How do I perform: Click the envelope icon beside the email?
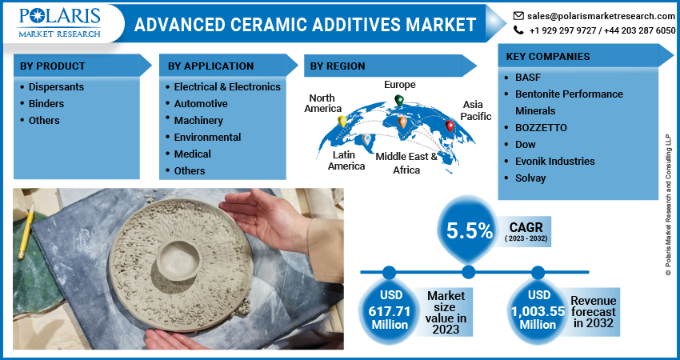pos(518,15)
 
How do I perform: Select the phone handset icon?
pos(518,30)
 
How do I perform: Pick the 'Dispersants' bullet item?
pos(56,86)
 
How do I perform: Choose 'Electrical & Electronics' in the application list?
pos(227,86)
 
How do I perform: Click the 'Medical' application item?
pos(193,154)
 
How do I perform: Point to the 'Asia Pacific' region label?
pos(476,110)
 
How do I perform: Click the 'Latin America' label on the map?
pos(346,160)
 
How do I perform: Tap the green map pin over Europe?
pos(398,101)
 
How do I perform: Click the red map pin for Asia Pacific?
pos(450,126)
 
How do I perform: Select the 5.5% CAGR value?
pos(470,231)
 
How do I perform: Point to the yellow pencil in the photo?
pos(26,232)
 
